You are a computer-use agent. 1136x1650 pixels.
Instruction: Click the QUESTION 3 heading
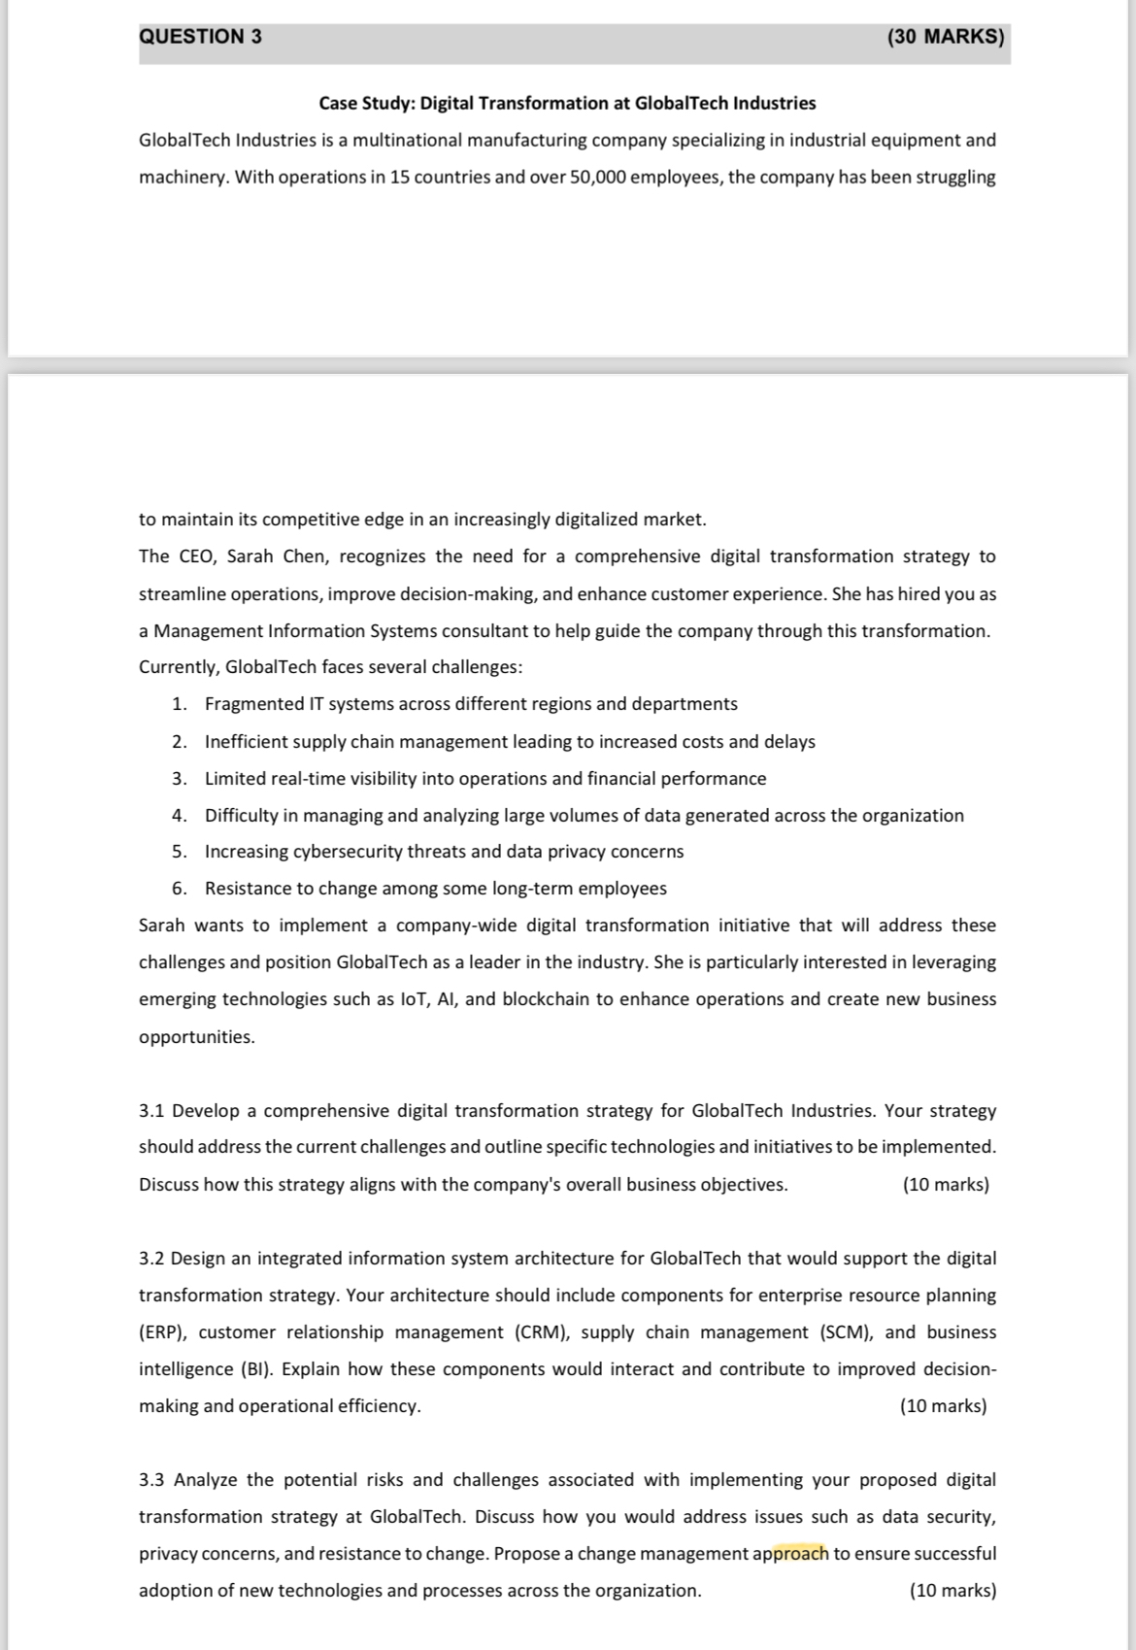click(200, 37)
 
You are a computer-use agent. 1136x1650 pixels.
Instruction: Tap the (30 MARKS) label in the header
click(946, 37)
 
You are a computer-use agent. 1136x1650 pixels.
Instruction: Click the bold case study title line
click(567, 103)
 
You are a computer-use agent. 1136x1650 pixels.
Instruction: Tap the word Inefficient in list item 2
click(248, 742)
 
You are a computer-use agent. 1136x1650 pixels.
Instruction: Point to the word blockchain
click(545, 999)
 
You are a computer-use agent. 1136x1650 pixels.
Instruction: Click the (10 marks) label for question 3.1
click(946, 1185)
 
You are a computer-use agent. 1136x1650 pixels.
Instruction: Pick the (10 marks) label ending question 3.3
click(952, 1591)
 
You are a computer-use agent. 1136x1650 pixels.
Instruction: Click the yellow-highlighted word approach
click(791, 1554)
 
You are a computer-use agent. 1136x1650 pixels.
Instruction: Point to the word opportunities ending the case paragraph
click(197, 1037)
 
